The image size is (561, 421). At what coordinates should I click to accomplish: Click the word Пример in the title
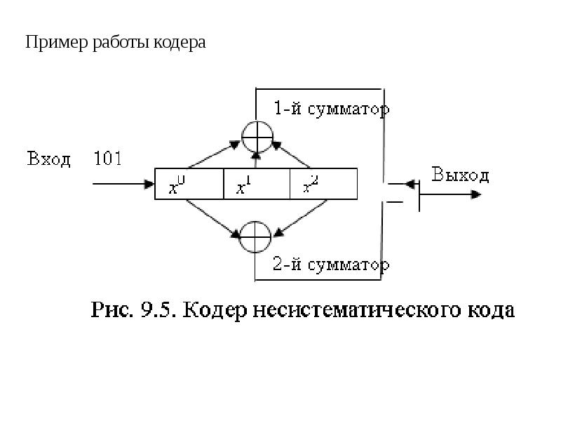click(x=57, y=43)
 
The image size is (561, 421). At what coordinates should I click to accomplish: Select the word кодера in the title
click(x=180, y=43)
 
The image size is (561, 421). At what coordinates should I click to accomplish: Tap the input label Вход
click(x=48, y=159)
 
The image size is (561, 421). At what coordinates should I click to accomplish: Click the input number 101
click(x=108, y=158)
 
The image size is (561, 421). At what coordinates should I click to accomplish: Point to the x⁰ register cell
click(x=189, y=184)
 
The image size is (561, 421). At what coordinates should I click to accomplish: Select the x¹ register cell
click(x=257, y=184)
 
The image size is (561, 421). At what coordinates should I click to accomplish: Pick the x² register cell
click(x=323, y=184)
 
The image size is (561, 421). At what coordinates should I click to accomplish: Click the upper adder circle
click(x=257, y=121)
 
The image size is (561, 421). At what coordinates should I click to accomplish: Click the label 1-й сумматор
click(x=332, y=109)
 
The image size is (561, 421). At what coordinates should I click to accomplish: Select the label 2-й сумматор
click(x=331, y=265)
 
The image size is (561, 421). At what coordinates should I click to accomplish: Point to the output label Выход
click(x=460, y=175)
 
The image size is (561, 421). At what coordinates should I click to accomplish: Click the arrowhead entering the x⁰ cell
click(x=149, y=184)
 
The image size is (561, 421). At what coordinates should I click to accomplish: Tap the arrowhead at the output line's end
click(x=476, y=194)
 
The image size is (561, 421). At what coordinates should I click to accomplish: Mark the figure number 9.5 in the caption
click(x=156, y=309)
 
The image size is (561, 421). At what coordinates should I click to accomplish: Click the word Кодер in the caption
click(x=215, y=311)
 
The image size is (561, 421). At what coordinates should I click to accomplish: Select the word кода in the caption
click(x=492, y=311)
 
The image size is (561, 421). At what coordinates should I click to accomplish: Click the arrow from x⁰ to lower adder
click(x=213, y=218)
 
